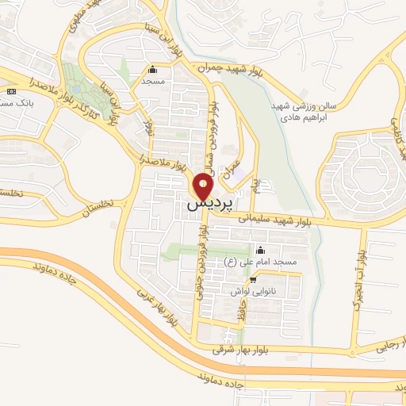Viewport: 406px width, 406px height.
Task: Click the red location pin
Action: [x=204, y=186]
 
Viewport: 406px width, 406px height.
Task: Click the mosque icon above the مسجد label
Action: [x=152, y=69]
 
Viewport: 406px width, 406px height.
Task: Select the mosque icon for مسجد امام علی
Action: [x=260, y=250]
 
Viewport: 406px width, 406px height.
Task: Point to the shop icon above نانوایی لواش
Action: [x=253, y=279]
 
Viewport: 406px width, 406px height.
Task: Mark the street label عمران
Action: [x=232, y=167]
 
